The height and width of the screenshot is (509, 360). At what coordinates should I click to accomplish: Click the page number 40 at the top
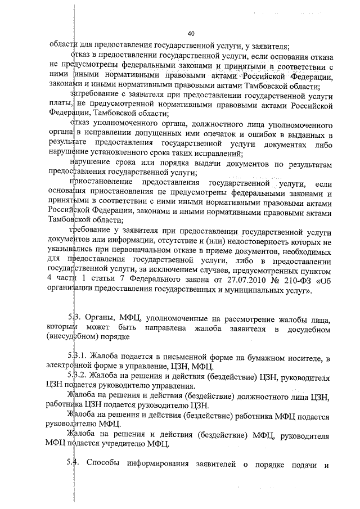click(191, 33)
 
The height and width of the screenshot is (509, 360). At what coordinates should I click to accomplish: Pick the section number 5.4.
click(72, 462)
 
